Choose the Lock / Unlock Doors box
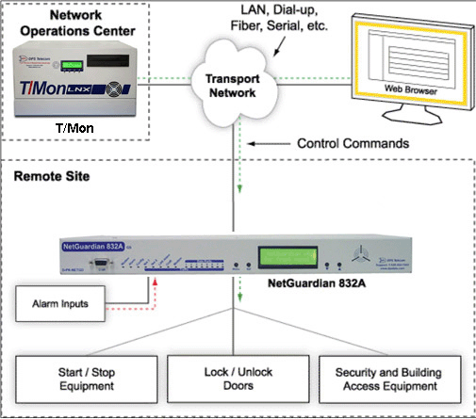[238, 379]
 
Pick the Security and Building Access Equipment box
[391, 379]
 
